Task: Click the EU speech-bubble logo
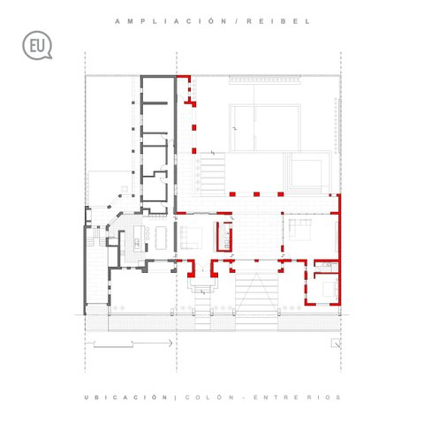coord(37,46)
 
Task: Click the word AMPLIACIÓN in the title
coord(170,21)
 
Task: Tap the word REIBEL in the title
coord(278,21)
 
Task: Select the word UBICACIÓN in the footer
coord(125,397)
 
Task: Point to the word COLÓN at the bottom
coord(209,397)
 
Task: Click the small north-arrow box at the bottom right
coord(336,343)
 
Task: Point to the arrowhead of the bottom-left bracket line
coord(170,343)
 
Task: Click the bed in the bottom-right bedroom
coord(330,289)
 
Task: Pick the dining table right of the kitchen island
coord(161,238)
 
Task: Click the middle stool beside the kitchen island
coord(148,236)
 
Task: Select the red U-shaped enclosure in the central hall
coord(224,237)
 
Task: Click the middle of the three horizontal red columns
coord(256,194)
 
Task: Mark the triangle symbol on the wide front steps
coord(256,293)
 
